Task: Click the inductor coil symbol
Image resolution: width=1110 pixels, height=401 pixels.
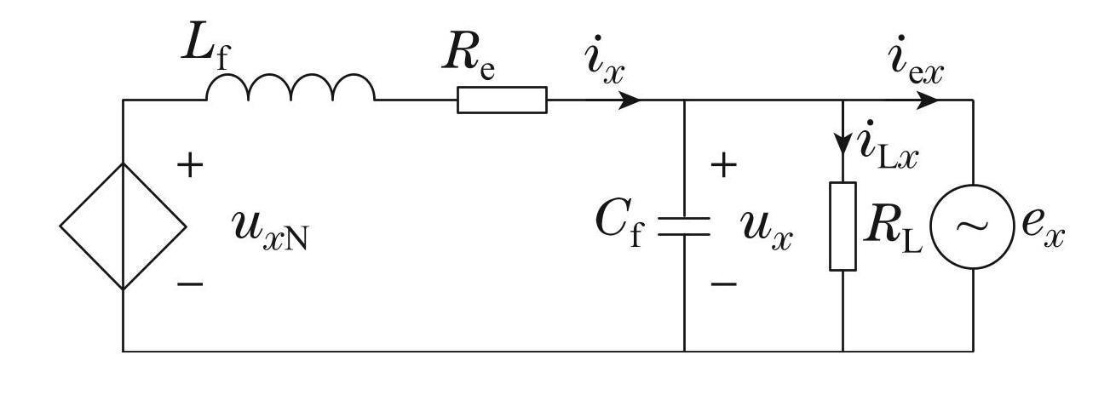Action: pyautogui.click(x=290, y=89)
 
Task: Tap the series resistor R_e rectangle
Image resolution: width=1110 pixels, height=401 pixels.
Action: pyautogui.click(x=502, y=100)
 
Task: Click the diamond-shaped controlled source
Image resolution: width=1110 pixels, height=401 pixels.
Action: pyautogui.click(x=124, y=226)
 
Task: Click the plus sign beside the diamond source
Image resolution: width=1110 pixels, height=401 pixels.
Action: pyautogui.click(x=191, y=166)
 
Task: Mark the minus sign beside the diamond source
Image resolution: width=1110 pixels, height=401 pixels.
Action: pyautogui.click(x=191, y=284)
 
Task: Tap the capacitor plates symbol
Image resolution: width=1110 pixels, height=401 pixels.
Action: pyautogui.click(x=685, y=226)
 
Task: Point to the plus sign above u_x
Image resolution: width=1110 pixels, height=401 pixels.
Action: pyautogui.click(x=723, y=166)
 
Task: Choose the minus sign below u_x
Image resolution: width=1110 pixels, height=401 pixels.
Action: pyautogui.click(x=723, y=284)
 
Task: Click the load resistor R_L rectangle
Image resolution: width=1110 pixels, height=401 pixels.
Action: pyautogui.click(x=843, y=226)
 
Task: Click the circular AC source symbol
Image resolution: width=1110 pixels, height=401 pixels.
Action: pyautogui.click(x=973, y=226)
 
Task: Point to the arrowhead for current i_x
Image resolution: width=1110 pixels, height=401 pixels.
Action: pyautogui.click(x=630, y=100)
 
